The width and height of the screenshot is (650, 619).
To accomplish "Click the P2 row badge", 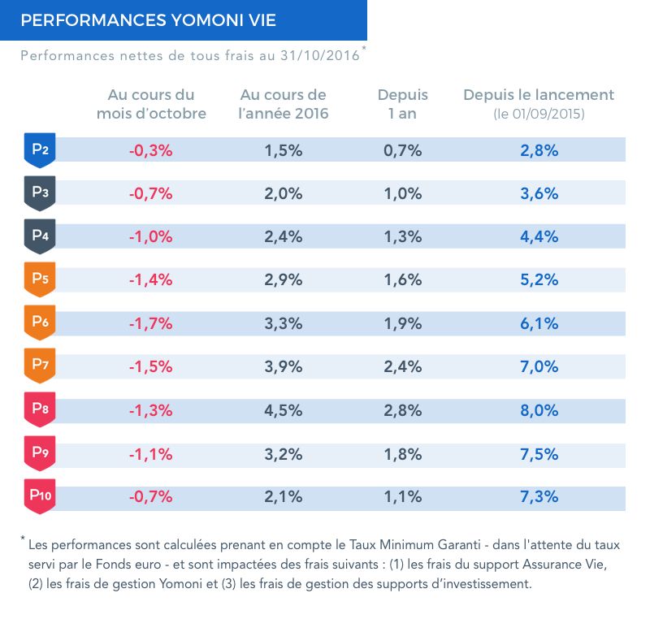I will [x=40, y=149].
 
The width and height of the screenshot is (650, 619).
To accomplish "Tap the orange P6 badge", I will [x=40, y=322].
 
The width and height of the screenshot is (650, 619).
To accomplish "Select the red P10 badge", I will [x=40, y=496].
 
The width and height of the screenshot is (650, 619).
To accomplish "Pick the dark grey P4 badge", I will [x=40, y=236].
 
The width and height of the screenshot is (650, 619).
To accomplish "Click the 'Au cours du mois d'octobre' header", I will [x=151, y=104].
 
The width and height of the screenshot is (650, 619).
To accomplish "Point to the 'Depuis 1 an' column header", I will [x=402, y=104].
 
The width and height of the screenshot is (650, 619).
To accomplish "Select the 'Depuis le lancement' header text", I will [x=539, y=95].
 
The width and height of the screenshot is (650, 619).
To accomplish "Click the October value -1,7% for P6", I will [x=151, y=323].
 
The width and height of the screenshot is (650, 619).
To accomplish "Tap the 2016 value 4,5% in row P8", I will [x=283, y=409].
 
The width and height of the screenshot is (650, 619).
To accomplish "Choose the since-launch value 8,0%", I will [x=539, y=409].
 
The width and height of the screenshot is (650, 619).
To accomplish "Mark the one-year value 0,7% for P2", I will [x=402, y=150].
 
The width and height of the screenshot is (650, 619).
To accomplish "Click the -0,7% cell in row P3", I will [x=151, y=193].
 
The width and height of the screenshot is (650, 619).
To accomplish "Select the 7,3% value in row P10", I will [x=539, y=496].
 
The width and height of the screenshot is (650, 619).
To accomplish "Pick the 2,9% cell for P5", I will [x=283, y=280].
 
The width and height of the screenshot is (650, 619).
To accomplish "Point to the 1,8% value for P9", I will [x=402, y=453].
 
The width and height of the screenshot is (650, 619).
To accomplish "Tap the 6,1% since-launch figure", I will [x=539, y=323].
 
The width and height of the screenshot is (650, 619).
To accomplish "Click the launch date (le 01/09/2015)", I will [x=539, y=114].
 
